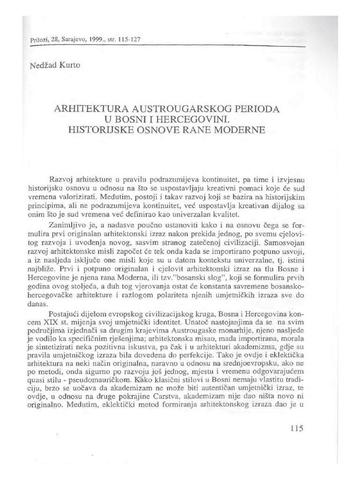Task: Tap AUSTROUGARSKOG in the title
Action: (x=180, y=108)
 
